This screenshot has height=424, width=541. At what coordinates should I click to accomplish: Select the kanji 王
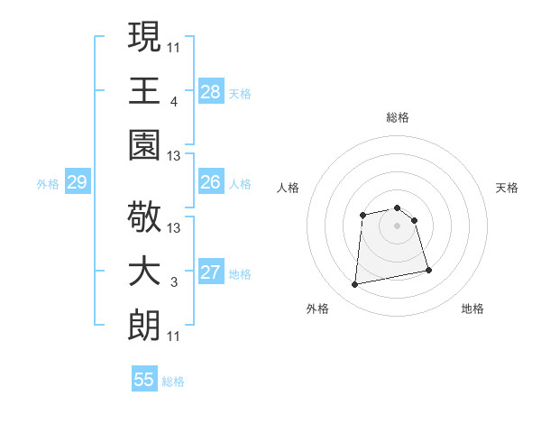click(x=144, y=91)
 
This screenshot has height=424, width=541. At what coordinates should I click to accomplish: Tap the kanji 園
click(x=144, y=145)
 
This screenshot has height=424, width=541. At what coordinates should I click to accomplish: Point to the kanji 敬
click(x=144, y=217)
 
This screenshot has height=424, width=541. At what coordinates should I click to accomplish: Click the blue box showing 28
click(x=210, y=91)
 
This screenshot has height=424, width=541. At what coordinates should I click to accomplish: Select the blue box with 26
click(x=210, y=182)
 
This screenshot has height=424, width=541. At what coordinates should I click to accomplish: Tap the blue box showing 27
click(x=210, y=272)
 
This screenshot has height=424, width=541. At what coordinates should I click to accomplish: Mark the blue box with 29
click(x=77, y=182)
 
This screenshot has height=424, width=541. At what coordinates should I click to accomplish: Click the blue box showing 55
click(x=144, y=380)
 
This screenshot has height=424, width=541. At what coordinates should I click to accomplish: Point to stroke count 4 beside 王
click(x=173, y=102)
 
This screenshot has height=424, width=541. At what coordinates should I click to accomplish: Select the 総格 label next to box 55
click(x=173, y=382)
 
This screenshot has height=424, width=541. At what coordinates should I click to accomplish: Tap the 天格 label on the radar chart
click(x=508, y=188)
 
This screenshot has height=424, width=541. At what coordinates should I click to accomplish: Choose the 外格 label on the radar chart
click(x=317, y=309)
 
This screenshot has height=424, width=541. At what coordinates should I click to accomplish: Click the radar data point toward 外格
click(x=355, y=285)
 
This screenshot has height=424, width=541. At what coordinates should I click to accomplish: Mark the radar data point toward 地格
click(x=428, y=270)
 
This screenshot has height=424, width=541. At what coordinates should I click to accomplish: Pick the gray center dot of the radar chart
click(x=397, y=225)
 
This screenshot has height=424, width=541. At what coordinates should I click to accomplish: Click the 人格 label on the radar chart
click(x=289, y=188)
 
